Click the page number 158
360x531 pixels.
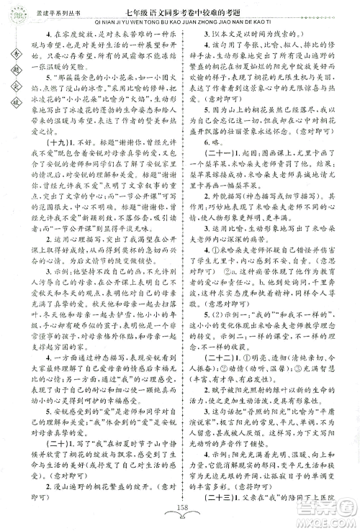[180, 519]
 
